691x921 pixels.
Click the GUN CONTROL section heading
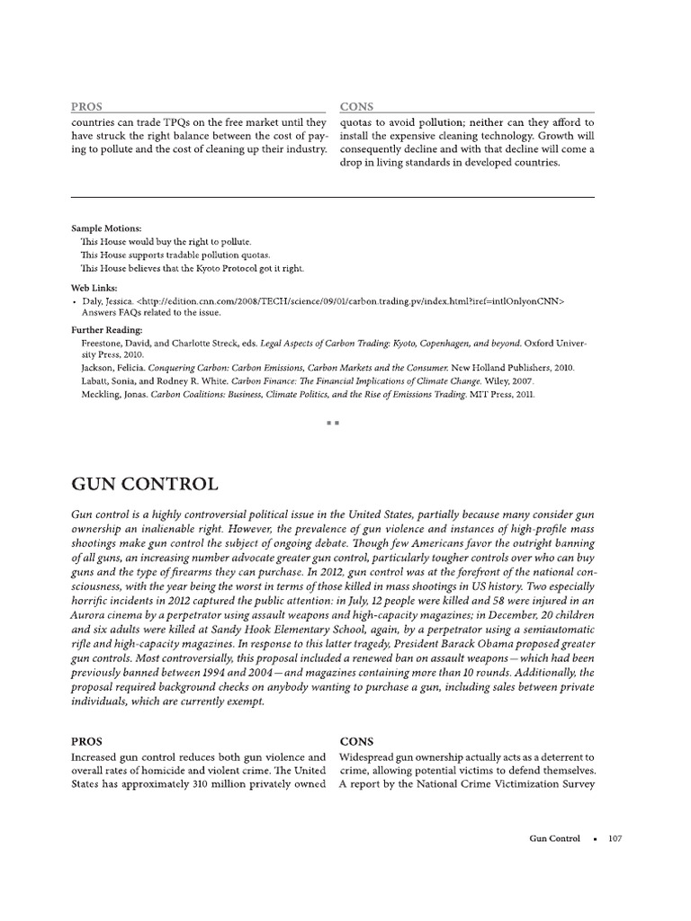[x=144, y=485]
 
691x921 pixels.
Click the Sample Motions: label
[x=105, y=229]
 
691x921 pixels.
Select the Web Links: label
[x=94, y=287]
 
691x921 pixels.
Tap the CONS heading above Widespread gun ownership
[x=356, y=742]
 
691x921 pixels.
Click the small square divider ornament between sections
[x=332, y=423]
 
